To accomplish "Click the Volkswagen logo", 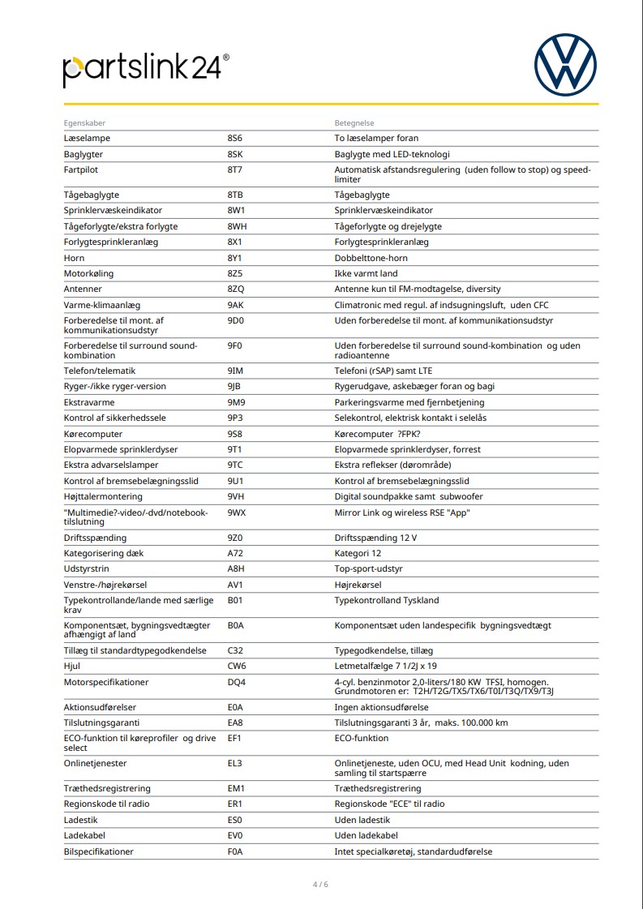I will [x=565, y=65].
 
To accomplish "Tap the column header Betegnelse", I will [x=354, y=123].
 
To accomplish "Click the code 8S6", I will [x=235, y=139].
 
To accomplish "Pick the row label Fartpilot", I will [x=80, y=170].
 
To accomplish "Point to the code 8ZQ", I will [x=236, y=289].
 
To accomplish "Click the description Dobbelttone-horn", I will [x=371, y=258].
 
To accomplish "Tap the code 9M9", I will [x=236, y=402].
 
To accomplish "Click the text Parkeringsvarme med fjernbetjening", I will [x=409, y=402].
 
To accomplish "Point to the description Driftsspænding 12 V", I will [x=375, y=538].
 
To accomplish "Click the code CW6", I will [x=237, y=667].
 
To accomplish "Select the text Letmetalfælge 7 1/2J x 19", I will [x=385, y=667].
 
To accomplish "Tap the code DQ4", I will [x=237, y=683].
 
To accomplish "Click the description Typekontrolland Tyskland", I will [x=387, y=601].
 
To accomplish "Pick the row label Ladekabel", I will [x=84, y=836].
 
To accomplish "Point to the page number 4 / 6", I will [x=321, y=884].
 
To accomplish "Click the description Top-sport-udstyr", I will [x=369, y=569].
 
